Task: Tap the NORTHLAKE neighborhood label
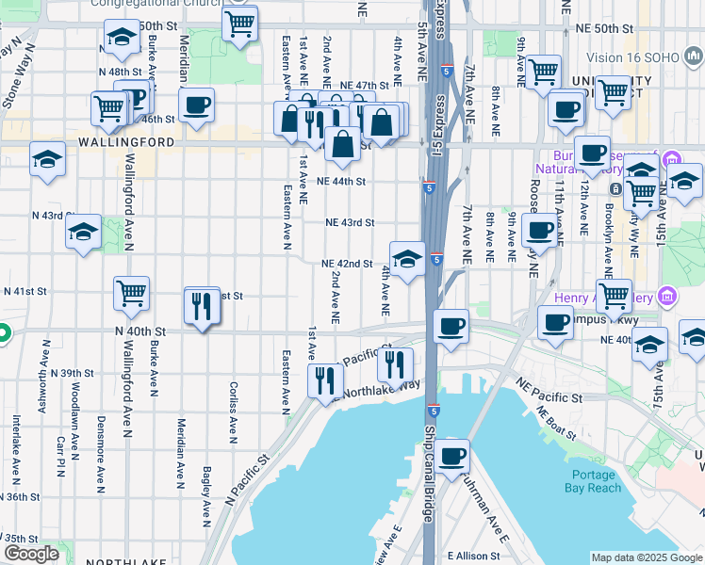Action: (119, 561)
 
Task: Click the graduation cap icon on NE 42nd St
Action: (406, 259)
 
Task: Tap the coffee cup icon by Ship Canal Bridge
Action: (451, 456)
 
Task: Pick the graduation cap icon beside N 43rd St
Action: (83, 231)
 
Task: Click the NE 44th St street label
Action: (340, 181)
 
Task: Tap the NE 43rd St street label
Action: (350, 223)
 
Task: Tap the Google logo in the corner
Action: (31, 554)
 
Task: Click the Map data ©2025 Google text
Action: (647, 557)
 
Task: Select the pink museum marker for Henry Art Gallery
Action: (667, 299)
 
